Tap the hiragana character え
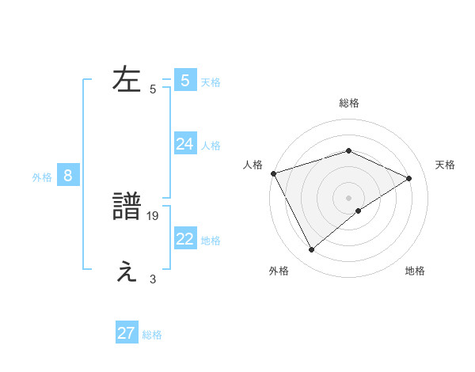click(x=127, y=271)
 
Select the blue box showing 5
click(x=185, y=80)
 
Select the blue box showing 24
click(x=185, y=144)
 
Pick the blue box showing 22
click(x=185, y=239)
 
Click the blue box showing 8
click(x=68, y=176)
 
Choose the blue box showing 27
click(x=127, y=333)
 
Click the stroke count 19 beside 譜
click(x=154, y=215)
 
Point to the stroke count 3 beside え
click(x=153, y=279)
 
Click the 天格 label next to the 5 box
click(x=211, y=82)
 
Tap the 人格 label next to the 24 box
click(x=211, y=146)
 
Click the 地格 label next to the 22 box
click(x=211, y=241)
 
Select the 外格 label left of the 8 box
click(x=42, y=177)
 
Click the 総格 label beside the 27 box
click(x=152, y=335)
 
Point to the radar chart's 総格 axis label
click(x=348, y=103)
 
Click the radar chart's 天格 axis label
click(x=445, y=165)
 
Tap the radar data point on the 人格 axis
click(x=273, y=173)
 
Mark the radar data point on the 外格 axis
click(x=312, y=249)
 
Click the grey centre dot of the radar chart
click(x=348, y=198)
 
